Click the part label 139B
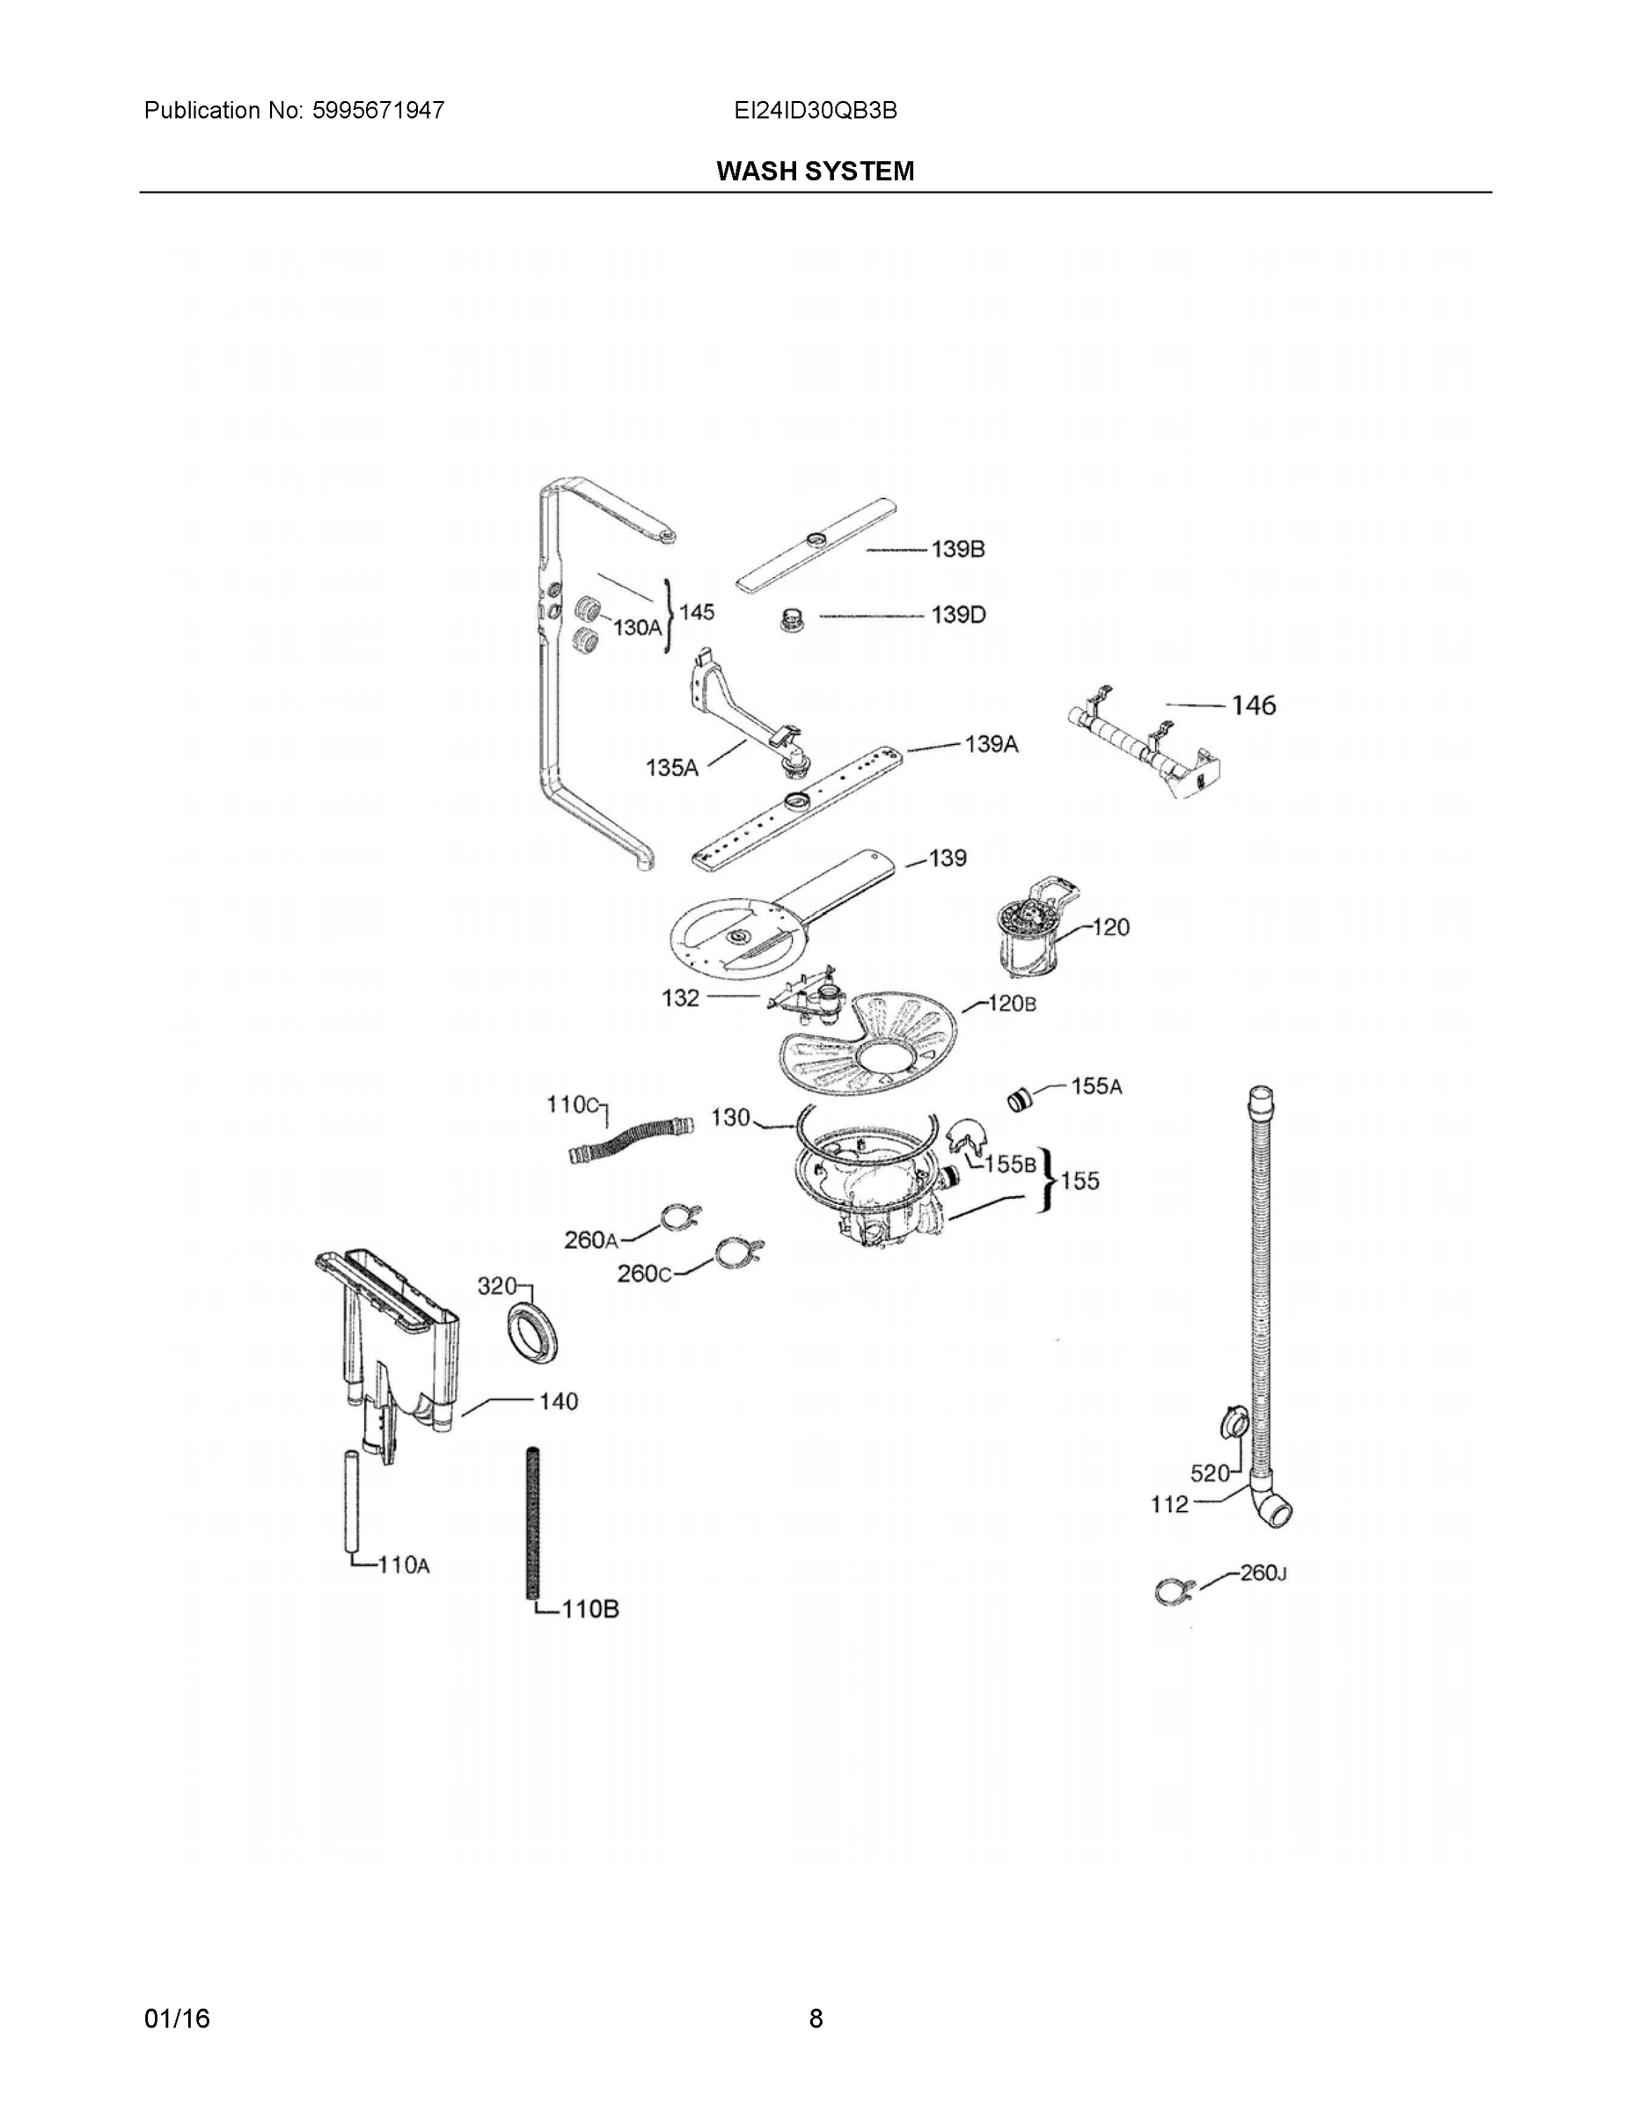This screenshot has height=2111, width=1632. coord(957,549)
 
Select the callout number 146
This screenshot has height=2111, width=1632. coord(1253,705)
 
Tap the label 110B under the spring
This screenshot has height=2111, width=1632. coord(589,1609)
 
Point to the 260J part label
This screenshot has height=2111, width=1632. coord(1262,1573)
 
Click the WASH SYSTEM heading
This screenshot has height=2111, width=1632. coord(815,172)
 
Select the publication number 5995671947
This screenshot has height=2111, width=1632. coord(378,110)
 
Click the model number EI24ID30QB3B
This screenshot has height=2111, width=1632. coord(815,110)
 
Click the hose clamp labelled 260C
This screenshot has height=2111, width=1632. coord(740,1253)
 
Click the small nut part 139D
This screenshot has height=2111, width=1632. coord(793,618)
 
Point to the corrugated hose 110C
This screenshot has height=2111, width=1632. coord(631,1141)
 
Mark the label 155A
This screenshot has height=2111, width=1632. coord(1096,1086)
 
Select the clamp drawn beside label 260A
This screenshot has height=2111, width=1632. coord(681,1219)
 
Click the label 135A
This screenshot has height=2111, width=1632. coord(671,768)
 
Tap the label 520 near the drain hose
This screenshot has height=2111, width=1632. coord(1210,1473)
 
